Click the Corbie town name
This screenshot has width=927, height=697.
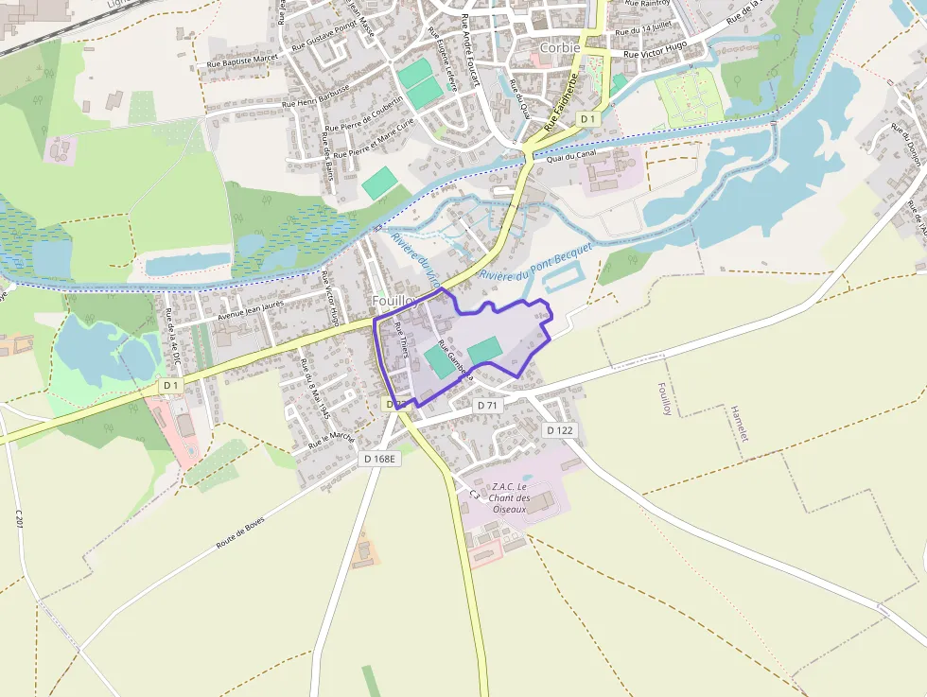pos(560,47)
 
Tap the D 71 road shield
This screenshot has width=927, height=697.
pos(487,405)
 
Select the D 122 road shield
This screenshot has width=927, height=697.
pos(560,429)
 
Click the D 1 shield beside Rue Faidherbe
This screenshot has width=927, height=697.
pos(588,118)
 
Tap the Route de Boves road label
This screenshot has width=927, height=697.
pos(241,532)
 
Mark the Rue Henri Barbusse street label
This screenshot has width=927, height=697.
pos(315,96)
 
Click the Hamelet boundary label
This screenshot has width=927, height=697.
pos(739,431)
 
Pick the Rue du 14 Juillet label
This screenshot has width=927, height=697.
pos(645,30)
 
